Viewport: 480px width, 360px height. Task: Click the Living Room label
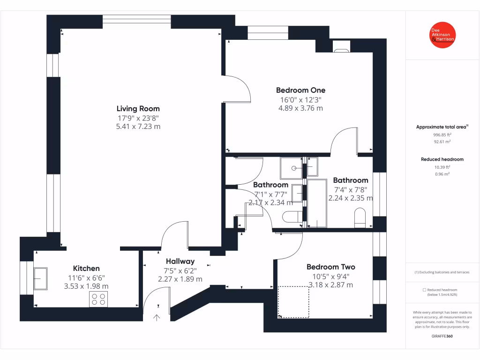[138, 109]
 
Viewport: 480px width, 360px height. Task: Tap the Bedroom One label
[300, 90]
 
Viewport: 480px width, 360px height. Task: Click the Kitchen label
[86, 269]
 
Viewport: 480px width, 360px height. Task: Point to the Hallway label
[180, 262]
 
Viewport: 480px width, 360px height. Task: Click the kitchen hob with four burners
[98, 299]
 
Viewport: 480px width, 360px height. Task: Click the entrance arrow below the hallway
[157, 318]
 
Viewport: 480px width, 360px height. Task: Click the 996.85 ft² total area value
[442, 134]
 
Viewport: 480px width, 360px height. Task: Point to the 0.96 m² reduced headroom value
[442, 174]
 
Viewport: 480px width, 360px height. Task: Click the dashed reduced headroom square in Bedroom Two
[294, 302]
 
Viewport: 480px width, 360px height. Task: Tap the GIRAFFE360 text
[442, 337]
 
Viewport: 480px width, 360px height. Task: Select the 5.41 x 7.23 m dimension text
[138, 127]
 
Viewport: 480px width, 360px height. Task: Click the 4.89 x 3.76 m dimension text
[300, 108]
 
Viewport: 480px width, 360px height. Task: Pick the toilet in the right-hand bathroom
[360, 218]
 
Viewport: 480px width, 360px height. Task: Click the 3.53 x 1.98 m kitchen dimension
[86, 286]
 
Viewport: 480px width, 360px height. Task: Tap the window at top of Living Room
[137, 19]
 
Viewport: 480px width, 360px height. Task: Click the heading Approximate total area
[442, 127]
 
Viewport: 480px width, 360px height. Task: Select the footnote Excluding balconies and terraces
[442, 272]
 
